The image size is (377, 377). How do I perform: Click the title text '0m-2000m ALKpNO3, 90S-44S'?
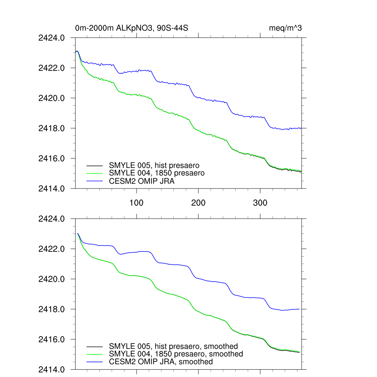pos(132,28)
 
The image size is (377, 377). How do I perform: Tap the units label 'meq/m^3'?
pos(286,28)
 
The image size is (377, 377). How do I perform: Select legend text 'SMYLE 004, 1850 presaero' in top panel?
pos(156,173)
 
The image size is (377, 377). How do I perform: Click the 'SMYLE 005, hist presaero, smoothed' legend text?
pos(173,346)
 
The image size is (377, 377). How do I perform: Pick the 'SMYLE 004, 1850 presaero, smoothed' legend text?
pos(176,354)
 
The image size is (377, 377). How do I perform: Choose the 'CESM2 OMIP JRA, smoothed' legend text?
pos(161,362)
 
